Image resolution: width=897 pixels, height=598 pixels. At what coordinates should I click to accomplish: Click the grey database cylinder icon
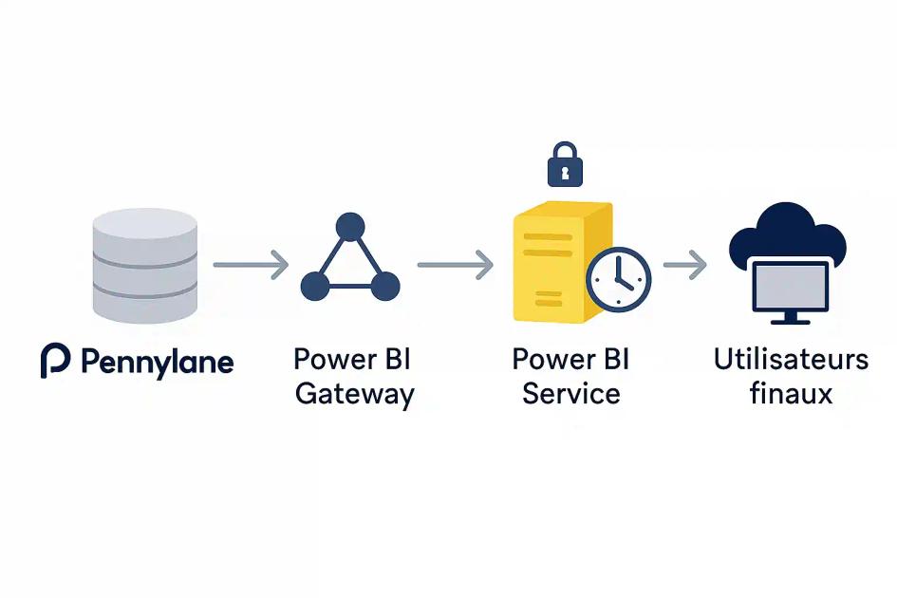pos(145,266)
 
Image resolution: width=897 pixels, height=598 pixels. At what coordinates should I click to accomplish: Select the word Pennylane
pos(157,363)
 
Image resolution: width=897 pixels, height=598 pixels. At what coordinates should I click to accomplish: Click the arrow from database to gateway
pos(251,265)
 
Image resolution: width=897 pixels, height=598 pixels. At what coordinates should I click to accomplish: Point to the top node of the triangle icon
pos(350,227)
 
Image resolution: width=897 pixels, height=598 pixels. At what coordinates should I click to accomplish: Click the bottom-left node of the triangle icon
pos(315,286)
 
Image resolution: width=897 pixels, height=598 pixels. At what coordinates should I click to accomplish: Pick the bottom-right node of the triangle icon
pos(385,286)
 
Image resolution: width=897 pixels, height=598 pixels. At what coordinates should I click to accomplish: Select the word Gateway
pos(354,394)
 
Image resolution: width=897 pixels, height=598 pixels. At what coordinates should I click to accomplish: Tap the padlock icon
pos(565,165)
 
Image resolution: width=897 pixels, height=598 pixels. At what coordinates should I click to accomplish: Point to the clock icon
pos(618,280)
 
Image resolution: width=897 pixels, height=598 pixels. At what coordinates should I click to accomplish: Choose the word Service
pos(571,394)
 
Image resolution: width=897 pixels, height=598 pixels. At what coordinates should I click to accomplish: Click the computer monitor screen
pos(790,284)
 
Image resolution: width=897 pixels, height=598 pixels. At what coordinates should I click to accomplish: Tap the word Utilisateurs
pos(791,360)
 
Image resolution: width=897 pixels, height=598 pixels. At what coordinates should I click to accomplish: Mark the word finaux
pos(791,394)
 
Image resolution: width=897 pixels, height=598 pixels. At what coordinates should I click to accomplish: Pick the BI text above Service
pos(612,360)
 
